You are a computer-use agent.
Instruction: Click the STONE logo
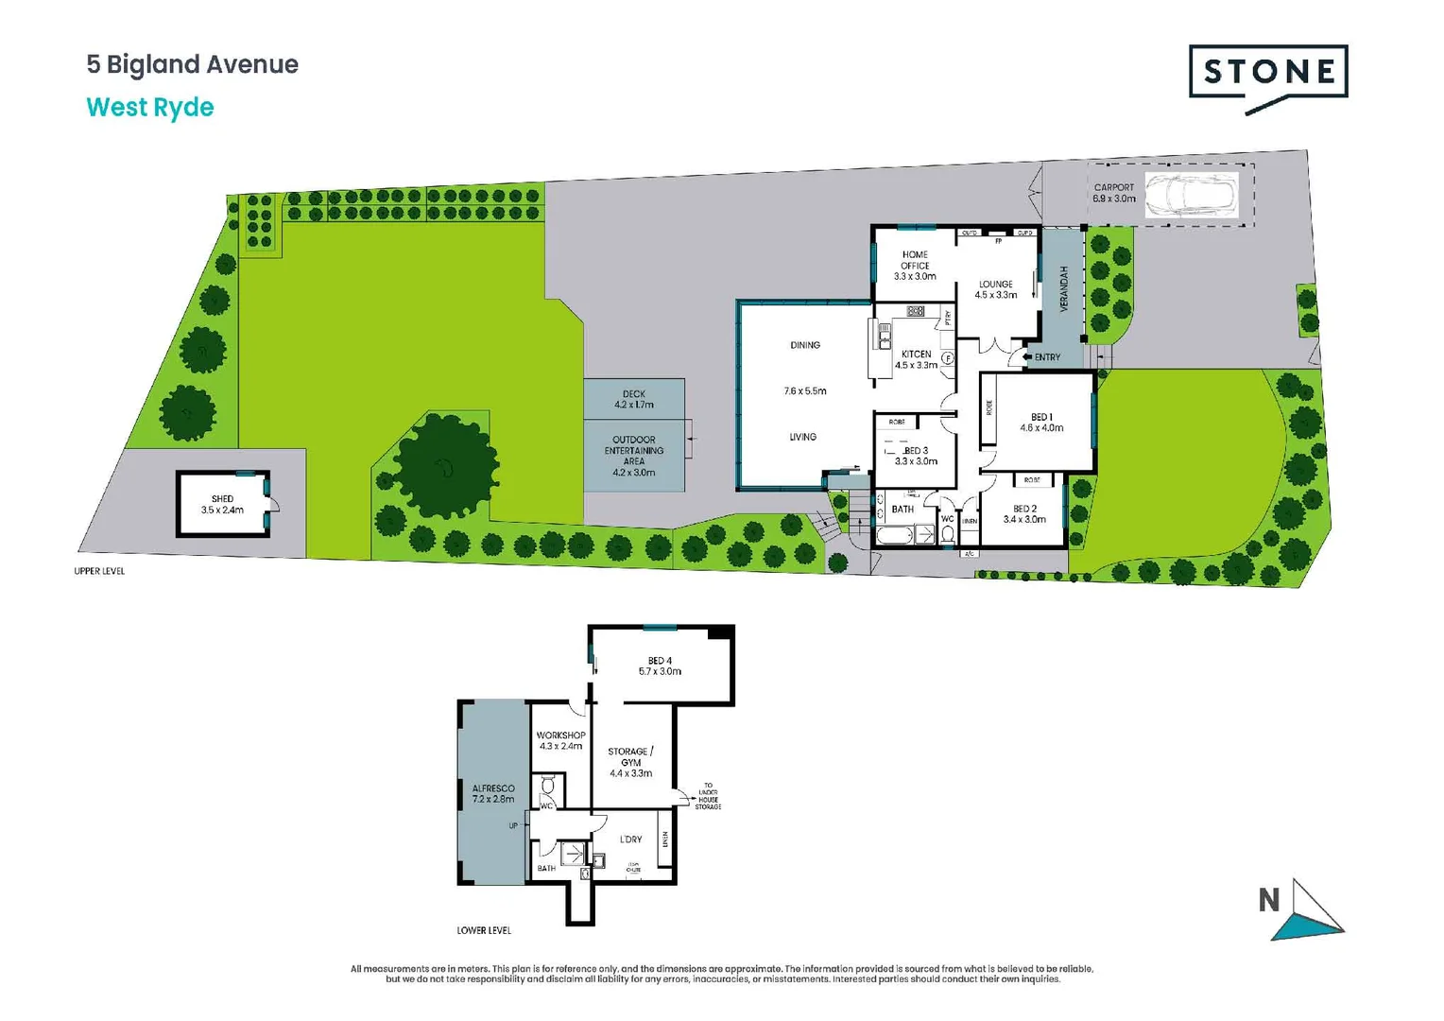1268,73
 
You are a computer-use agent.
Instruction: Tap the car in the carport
1191,196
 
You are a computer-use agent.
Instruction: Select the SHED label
222,499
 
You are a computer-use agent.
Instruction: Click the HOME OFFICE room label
915,260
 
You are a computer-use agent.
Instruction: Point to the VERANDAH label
1063,289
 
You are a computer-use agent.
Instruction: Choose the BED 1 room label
1041,417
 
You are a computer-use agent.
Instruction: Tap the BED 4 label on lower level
660,661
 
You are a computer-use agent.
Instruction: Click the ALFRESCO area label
493,788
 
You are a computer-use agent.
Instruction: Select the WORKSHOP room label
560,735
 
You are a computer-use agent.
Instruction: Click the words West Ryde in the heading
150,108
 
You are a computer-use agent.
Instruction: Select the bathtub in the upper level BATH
894,536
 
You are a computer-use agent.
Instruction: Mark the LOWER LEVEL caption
484,930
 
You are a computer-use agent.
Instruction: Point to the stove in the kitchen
915,311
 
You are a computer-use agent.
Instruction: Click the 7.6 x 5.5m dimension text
805,391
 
